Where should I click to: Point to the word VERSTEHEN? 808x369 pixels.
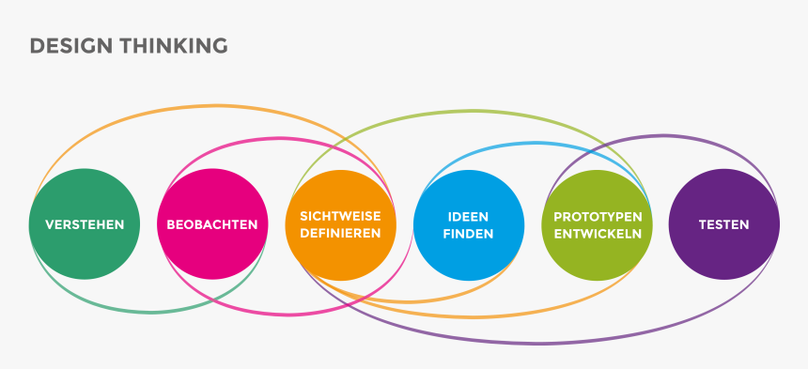(85, 225)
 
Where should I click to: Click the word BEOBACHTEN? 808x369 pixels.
(212, 225)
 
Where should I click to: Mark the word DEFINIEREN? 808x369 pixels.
(340, 234)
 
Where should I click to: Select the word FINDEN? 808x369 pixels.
(468, 234)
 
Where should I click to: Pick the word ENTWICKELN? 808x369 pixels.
(598, 234)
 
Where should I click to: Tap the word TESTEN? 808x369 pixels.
(723, 225)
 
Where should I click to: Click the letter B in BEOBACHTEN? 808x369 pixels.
(170, 225)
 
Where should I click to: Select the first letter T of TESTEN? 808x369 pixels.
(702, 225)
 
